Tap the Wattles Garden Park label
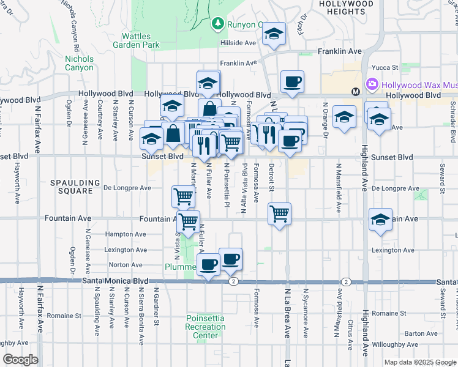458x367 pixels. click(x=140, y=40)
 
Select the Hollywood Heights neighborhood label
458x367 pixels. click(x=346, y=7)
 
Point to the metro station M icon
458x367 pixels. click(x=355, y=92)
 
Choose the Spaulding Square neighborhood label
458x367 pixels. click(x=75, y=186)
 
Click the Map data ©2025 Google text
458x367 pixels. click(x=419, y=362)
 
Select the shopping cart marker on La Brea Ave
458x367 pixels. click(x=279, y=214)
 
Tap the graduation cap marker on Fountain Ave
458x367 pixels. click(x=380, y=220)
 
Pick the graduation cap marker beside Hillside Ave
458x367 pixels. click(x=274, y=34)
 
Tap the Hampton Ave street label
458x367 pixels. click(x=126, y=234)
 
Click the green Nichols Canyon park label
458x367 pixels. click(x=80, y=63)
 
